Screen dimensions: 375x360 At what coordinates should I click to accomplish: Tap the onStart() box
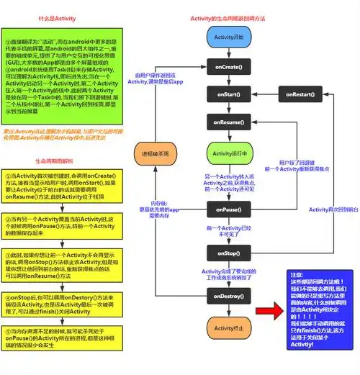click(229, 94)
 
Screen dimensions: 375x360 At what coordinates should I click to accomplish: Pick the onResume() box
click(229, 123)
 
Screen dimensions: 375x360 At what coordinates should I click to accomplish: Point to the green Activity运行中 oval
click(229, 153)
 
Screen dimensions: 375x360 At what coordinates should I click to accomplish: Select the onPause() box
click(229, 209)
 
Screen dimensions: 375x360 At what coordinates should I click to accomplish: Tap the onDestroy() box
click(229, 295)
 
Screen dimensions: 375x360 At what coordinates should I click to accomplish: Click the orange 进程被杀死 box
click(155, 154)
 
